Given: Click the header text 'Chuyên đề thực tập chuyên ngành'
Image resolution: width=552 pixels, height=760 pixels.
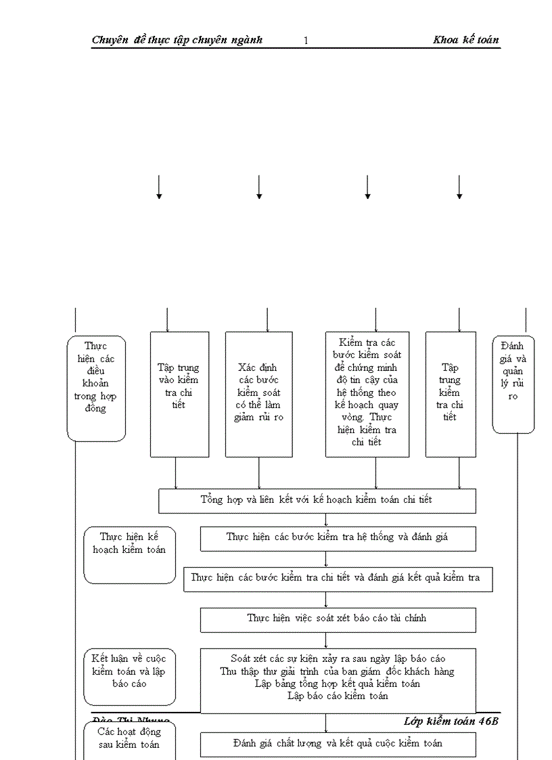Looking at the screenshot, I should [177, 40].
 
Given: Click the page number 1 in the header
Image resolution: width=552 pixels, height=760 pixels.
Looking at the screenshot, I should [306, 41].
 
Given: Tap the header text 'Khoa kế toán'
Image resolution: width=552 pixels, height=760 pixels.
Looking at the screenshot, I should [466, 40].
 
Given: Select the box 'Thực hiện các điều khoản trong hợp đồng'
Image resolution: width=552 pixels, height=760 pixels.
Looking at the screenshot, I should [96, 388].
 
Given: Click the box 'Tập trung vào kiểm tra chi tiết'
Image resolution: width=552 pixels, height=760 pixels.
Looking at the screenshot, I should [179, 394].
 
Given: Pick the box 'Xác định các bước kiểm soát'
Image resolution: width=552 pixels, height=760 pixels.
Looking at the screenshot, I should [259, 394].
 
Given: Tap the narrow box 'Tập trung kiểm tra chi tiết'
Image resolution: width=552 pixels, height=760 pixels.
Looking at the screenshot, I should [451, 394].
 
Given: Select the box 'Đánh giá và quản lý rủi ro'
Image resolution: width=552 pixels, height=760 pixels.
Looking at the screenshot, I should [513, 384].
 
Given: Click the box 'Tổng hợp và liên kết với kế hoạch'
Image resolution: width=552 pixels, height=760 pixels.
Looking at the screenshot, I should [317, 500].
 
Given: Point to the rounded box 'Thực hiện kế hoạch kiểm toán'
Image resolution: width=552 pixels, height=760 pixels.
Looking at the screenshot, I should [129, 554].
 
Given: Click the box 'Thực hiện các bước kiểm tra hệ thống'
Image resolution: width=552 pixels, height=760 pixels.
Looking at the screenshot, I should [338, 538].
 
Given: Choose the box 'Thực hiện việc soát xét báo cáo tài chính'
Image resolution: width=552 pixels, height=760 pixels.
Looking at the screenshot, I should [338, 619].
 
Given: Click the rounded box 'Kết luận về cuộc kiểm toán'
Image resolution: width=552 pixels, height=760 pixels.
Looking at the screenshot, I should [129, 676].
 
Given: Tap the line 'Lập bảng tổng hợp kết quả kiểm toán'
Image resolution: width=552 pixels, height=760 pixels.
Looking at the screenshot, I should [338, 684].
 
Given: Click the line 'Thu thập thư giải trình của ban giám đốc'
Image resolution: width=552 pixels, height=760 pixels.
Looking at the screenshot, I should [338, 671].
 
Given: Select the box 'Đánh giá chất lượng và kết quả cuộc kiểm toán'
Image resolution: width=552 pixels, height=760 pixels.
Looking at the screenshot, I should [338, 744].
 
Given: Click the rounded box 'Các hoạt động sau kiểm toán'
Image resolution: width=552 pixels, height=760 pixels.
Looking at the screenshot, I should [129, 739].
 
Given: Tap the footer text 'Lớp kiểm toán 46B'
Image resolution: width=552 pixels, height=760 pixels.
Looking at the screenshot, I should [451, 721].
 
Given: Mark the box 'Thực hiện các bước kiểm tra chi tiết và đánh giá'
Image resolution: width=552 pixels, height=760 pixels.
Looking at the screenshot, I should [338, 579].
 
